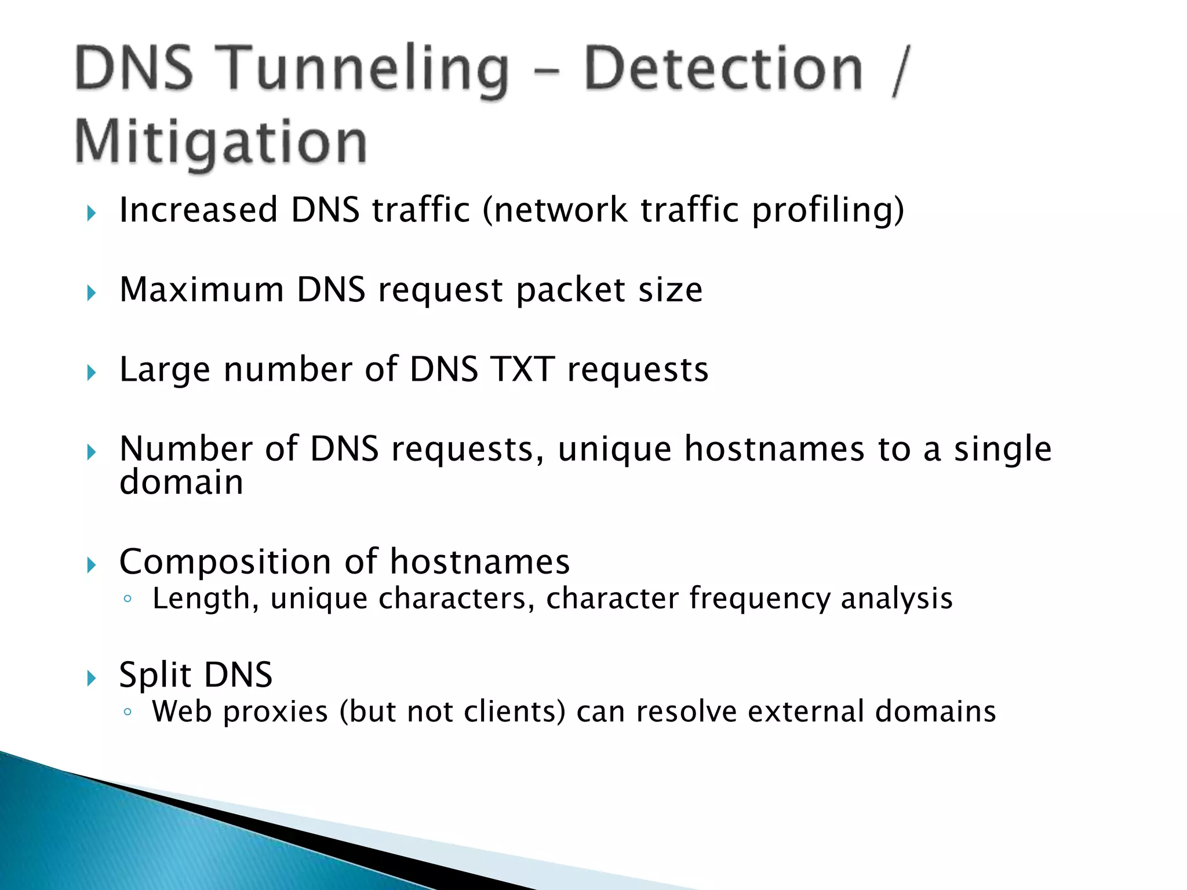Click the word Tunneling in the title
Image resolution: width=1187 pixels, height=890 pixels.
click(365, 71)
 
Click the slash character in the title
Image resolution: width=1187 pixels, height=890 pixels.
click(901, 71)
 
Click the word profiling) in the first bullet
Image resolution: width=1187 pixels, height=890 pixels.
click(828, 211)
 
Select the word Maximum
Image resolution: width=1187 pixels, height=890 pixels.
click(201, 290)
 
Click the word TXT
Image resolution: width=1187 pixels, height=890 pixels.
click(522, 370)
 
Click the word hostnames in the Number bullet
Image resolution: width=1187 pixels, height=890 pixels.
click(774, 449)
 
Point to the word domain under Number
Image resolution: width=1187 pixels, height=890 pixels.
click(181, 483)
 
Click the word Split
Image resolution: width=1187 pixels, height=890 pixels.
click(155, 675)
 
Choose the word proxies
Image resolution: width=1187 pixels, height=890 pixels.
click(275, 712)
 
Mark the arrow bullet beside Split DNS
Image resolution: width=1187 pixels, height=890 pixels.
click(92, 677)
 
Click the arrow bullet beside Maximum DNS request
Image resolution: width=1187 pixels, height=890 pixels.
click(92, 293)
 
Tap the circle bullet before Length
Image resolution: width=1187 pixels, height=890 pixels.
click(128, 599)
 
